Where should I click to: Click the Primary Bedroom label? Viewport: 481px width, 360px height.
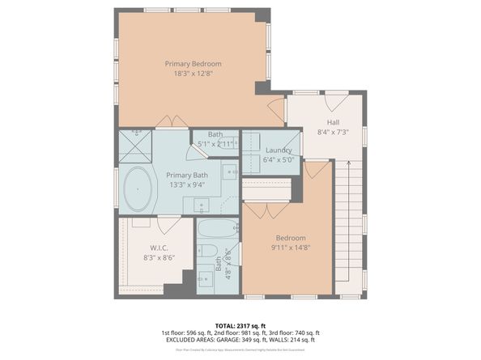[x=193, y=64]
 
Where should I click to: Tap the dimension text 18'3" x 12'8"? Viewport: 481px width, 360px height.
[x=193, y=74]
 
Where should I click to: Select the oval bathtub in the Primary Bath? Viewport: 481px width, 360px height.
[x=138, y=189]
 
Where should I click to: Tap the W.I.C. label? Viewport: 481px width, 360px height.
[x=158, y=248]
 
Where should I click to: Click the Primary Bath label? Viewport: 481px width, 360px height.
[x=188, y=175]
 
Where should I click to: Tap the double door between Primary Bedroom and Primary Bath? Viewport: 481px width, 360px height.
[x=172, y=122]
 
